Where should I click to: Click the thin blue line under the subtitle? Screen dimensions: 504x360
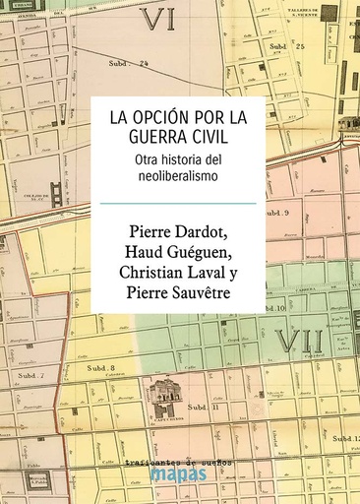pos(180,204)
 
